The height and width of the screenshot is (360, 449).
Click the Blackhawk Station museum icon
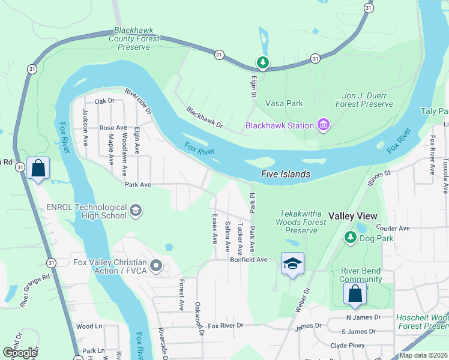click(x=324, y=125)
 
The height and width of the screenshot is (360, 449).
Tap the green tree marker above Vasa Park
click(x=262, y=62)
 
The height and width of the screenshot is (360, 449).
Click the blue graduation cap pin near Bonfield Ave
click(x=292, y=264)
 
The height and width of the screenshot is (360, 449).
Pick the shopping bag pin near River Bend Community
click(x=355, y=294)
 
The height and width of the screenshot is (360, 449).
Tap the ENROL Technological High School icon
click(x=136, y=210)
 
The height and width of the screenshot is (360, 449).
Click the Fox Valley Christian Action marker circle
click(x=157, y=265)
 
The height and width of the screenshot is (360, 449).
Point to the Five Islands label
click(x=286, y=174)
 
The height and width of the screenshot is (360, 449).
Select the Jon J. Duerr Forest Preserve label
click(x=359, y=100)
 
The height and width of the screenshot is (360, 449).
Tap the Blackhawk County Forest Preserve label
click(x=134, y=38)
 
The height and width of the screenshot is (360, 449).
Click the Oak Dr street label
click(x=104, y=101)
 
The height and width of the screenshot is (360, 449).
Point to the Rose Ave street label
click(x=113, y=128)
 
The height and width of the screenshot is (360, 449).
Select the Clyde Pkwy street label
click(x=348, y=346)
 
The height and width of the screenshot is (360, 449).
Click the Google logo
click(x=20, y=352)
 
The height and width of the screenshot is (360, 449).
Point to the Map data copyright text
click(x=423, y=355)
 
